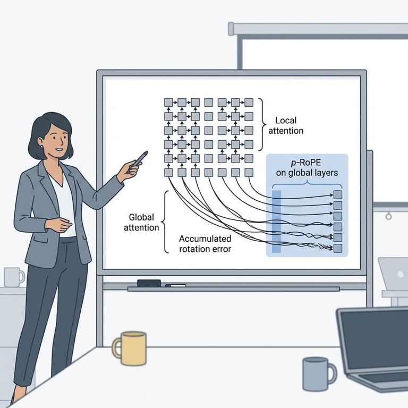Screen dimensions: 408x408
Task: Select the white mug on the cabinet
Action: point(13,277)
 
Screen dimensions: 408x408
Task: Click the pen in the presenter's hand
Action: point(139,159)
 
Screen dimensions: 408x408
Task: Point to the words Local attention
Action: point(289,125)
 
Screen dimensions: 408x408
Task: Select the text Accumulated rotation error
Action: point(205,243)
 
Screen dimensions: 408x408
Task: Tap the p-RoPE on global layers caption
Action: point(307,167)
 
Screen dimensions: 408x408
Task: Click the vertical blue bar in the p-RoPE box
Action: point(276,221)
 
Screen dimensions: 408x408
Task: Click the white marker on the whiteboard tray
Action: point(175,286)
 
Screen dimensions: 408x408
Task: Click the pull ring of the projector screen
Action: point(389,216)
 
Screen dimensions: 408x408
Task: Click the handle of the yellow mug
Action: point(117,350)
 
